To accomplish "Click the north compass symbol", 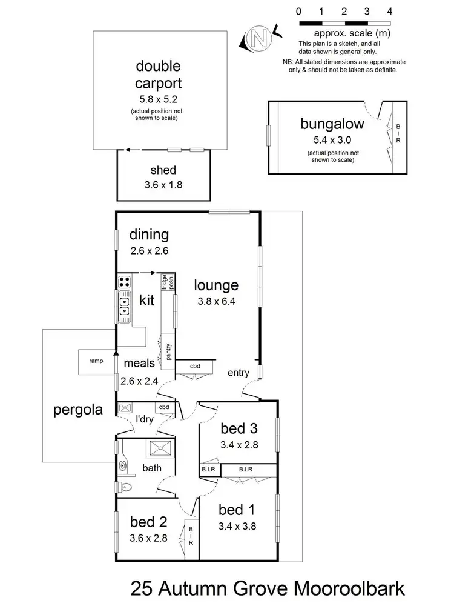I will (259, 38).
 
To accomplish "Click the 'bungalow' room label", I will (332, 124).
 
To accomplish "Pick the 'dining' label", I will (149, 235).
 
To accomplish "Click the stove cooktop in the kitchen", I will (125, 282).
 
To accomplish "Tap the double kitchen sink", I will (125, 306).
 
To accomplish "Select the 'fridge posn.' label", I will (164, 283).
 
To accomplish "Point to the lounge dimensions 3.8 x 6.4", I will (216, 300).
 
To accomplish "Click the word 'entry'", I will (239, 373).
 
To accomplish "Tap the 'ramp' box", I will (96, 361).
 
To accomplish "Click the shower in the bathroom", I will (160, 450).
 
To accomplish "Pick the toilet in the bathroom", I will (125, 486).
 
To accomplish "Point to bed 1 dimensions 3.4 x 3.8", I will (237, 527).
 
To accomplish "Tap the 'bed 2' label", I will (149, 521).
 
